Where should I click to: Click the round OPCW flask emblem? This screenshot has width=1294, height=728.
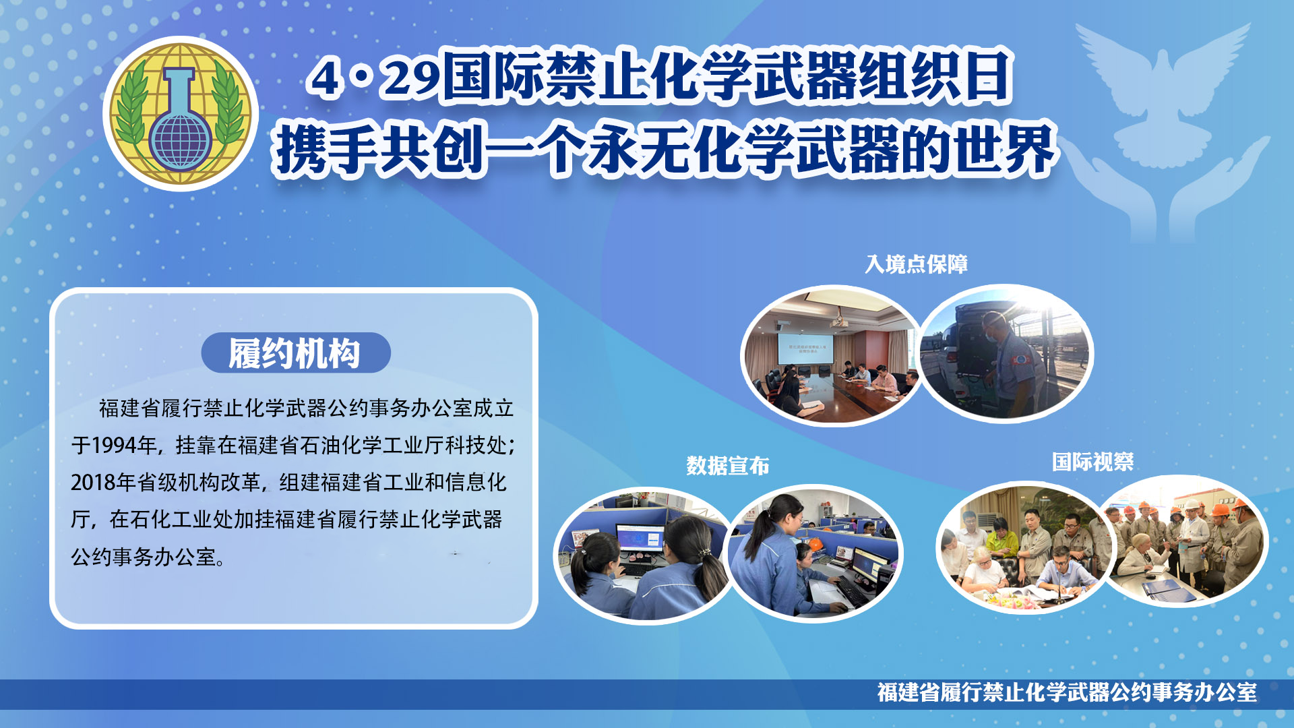point(181,113)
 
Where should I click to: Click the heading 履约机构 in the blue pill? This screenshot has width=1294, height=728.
point(295,353)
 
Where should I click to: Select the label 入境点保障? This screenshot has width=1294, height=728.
point(917,264)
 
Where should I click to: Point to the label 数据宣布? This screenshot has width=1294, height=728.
point(728,465)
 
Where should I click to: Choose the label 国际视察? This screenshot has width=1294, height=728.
point(1092,462)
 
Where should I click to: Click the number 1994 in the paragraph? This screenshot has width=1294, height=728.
point(115,445)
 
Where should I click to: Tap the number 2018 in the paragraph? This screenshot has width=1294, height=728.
point(93,482)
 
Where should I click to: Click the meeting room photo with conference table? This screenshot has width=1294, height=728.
point(833,356)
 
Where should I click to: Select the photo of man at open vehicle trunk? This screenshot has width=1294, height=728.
point(1006,354)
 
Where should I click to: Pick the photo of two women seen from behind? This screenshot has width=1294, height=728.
point(644,555)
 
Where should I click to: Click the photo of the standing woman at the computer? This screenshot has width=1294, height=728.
point(814,553)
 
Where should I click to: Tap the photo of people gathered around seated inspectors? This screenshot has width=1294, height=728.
point(1024,547)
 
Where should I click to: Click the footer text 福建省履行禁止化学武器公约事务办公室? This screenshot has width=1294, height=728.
point(1067,692)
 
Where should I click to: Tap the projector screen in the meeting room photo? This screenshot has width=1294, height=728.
point(806,348)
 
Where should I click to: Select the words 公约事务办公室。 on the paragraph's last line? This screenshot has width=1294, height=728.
point(148,557)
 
